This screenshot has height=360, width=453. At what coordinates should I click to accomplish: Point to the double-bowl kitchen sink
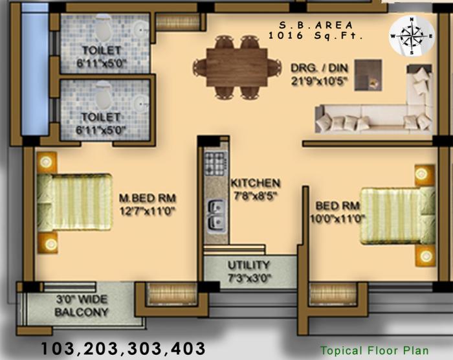(214, 215)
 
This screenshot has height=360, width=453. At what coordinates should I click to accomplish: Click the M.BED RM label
(148, 197)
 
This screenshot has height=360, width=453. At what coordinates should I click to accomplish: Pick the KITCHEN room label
(255, 183)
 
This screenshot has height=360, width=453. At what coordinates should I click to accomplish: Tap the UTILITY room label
(249, 265)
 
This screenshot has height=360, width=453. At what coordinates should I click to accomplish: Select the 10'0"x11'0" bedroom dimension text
(340, 219)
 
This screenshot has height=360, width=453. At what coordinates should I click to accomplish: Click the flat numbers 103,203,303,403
(123, 348)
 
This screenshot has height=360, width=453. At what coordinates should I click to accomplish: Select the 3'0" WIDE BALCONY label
(82, 306)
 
